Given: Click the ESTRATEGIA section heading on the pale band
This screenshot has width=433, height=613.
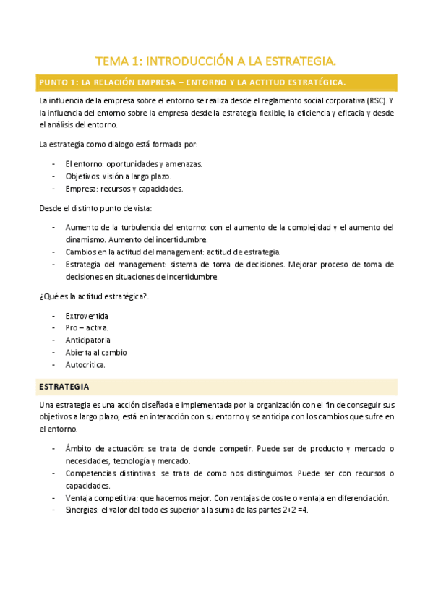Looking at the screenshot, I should [x=64, y=387].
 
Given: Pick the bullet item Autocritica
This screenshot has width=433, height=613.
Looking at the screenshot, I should [x=85, y=364].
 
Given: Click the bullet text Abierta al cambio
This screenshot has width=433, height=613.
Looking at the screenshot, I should [x=95, y=352].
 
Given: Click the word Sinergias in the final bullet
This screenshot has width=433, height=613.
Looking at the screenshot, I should [x=82, y=509].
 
